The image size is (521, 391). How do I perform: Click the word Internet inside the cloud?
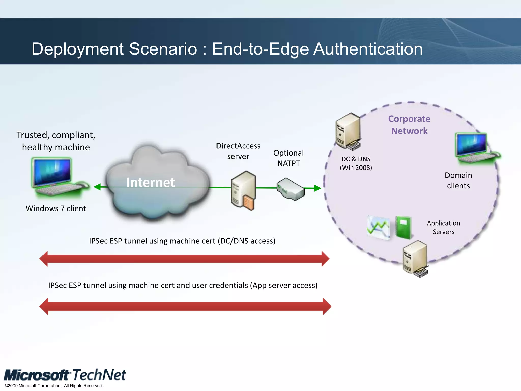(151, 183)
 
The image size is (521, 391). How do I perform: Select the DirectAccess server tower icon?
(243, 190)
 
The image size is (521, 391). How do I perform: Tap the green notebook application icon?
(403, 227)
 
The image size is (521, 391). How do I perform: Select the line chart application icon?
(378, 228)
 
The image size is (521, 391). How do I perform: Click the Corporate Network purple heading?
(409, 125)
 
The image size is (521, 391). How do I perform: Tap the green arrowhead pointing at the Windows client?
(97, 187)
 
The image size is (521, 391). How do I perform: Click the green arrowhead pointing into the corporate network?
(317, 188)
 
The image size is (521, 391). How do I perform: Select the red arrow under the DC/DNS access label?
(184, 259)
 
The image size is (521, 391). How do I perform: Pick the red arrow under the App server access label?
(185, 306)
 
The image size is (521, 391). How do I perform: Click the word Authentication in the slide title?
(368, 49)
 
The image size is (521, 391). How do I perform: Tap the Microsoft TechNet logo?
(65, 375)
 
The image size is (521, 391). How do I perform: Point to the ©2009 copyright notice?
(54, 386)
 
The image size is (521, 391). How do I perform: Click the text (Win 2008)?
(356, 167)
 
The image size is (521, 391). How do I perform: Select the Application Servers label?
(443, 227)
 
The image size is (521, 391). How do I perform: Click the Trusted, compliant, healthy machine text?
(56, 141)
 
